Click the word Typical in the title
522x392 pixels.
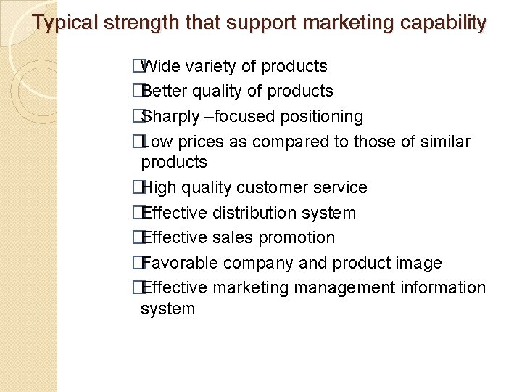click(66, 23)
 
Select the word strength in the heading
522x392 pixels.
click(137, 23)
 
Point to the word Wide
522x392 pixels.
click(162, 67)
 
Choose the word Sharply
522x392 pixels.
click(170, 117)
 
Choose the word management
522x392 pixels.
click(344, 288)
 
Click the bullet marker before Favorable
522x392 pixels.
click(136, 263)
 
